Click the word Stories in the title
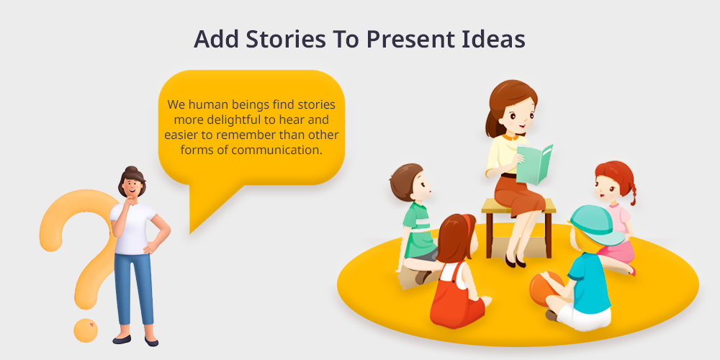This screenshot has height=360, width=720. click(x=285, y=39)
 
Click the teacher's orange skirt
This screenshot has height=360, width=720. click(x=519, y=194)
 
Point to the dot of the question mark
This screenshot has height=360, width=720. click(x=86, y=330)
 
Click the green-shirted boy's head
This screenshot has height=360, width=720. click(x=410, y=182)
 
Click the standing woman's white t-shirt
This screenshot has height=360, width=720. click(x=133, y=228)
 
